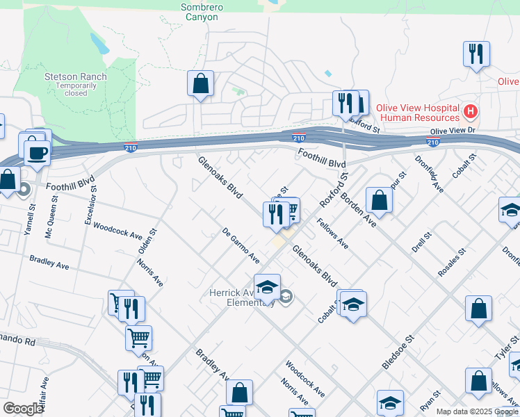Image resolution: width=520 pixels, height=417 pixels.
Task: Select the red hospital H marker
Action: click(x=471, y=111)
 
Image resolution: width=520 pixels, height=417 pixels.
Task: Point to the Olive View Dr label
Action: click(x=452, y=131)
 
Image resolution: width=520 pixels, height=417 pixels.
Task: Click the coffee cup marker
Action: click(x=36, y=152)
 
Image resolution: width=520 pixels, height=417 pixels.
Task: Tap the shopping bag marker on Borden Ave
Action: click(x=379, y=199)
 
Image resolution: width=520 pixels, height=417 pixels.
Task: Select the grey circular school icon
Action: click(x=286, y=297)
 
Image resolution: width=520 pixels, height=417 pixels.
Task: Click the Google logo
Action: click(x=23, y=409)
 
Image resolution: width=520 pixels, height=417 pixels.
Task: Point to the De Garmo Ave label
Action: click(x=241, y=246)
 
